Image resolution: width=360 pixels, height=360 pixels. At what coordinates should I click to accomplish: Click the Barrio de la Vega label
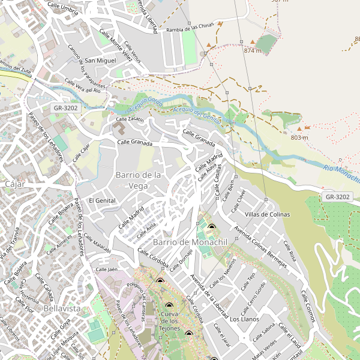(137, 180)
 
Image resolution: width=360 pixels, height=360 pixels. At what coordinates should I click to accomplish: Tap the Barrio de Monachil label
(181, 242)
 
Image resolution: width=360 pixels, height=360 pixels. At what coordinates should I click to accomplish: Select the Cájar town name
(14, 184)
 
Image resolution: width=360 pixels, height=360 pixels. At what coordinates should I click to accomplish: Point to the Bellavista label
(62, 308)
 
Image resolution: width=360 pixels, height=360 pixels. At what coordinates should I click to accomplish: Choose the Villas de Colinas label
(267, 214)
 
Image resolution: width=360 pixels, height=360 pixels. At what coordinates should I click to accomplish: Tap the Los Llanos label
(244, 319)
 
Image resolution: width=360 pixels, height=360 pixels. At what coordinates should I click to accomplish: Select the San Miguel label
(100, 61)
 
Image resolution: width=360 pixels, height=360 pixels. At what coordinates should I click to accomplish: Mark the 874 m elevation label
(253, 51)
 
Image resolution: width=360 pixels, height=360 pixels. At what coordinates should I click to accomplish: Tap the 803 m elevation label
(299, 138)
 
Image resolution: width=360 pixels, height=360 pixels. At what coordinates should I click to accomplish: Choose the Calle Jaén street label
(106, 269)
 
